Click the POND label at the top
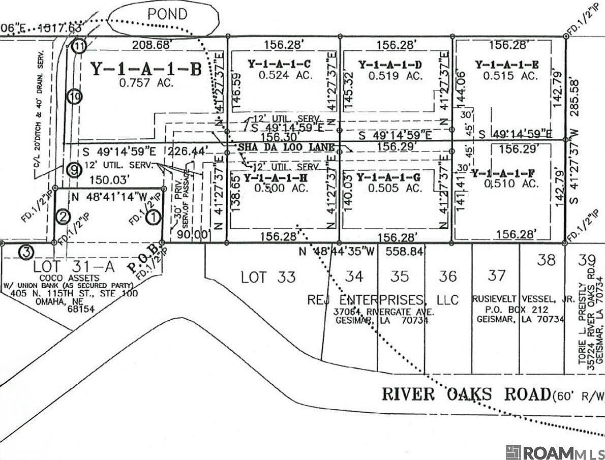[167, 14]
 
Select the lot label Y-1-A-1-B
[146, 69]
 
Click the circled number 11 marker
[78, 46]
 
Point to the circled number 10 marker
[74, 96]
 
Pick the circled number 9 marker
[73, 170]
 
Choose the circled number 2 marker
[63, 217]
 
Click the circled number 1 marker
[153, 217]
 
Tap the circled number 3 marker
[26, 252]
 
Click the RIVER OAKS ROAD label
[466, 394]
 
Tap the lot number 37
[496, 275]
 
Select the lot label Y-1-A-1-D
[390, 65]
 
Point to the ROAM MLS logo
[555, 451]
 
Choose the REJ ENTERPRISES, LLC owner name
[383, 299]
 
